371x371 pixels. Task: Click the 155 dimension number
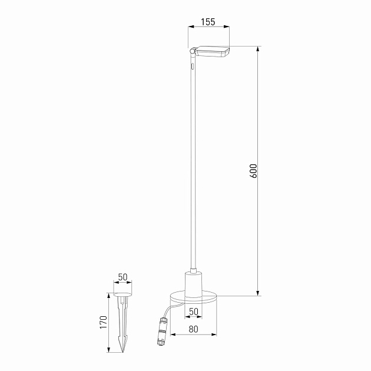coord(207,22)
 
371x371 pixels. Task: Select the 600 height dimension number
coord(253,170)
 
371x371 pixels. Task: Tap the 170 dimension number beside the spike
coord(103,323)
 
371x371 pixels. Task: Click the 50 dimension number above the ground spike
coord(122,276)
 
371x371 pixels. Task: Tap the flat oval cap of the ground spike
coord(122,294)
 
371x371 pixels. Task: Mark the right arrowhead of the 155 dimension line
coord(227,27)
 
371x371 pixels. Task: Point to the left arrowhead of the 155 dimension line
coord(190,27)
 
